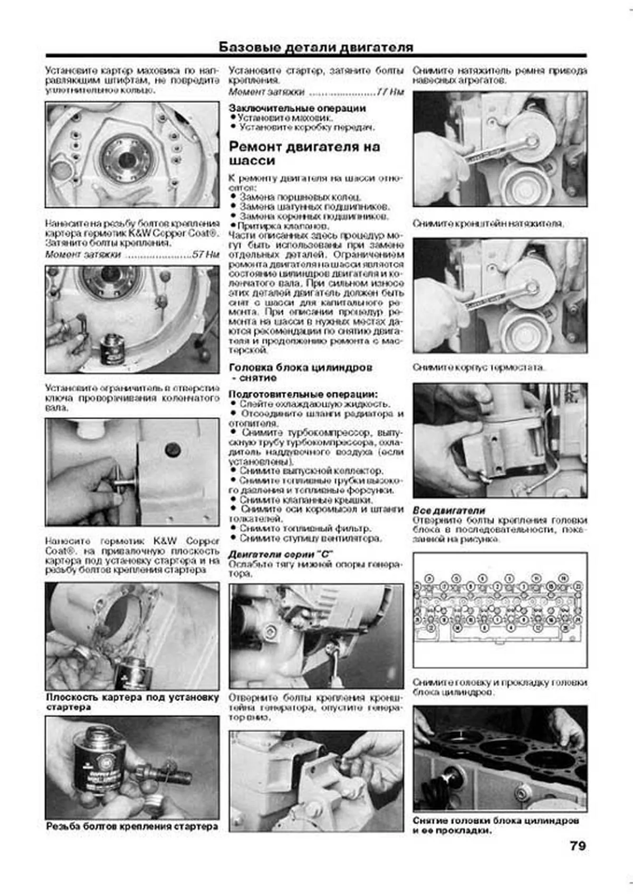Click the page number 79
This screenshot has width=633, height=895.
(x=577, y=845)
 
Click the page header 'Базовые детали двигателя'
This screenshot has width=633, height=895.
(x=315, y=47)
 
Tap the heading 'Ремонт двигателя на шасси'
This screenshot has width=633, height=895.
(x=304, y=153)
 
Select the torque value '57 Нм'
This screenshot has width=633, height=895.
(x=205, y=254)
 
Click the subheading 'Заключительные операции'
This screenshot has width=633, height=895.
(x=297, y=108)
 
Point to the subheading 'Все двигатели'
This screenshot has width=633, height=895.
(x=448, y=511)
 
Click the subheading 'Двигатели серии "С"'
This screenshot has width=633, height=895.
(x=280, y=554)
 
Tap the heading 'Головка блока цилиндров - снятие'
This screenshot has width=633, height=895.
(x=300, y=372)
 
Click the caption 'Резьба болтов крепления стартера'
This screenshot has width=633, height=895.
(x=132, y=826)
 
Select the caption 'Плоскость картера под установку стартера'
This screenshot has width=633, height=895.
(x=132, y=702)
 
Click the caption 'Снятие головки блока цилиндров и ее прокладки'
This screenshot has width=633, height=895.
(x=496, y=825)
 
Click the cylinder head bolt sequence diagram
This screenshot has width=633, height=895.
(x=500, y=609)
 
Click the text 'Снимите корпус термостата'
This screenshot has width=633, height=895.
(x=478, y=367)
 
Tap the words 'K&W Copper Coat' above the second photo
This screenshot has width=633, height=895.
(x=173, y=234)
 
